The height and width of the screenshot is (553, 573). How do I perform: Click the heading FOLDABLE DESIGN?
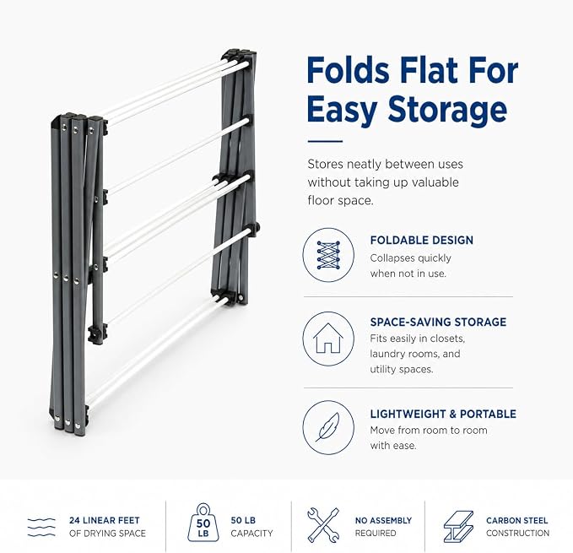point(422,240)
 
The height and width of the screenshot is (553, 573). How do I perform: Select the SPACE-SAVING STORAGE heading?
point(438,322)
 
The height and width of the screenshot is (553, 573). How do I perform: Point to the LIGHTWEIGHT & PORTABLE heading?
point(443,414)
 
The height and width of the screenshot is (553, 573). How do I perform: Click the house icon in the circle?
point(328,338)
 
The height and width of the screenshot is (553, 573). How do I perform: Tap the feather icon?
point(327,427)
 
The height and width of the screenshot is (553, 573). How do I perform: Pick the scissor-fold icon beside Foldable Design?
point(328,255)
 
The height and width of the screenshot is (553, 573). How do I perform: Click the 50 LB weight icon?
point(203,523)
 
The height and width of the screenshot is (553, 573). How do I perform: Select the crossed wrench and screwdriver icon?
point(323,525)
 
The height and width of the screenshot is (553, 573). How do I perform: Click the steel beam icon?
point(458,526)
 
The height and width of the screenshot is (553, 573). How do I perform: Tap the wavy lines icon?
point(41,527)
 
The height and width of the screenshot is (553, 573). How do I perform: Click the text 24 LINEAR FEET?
point(105,520)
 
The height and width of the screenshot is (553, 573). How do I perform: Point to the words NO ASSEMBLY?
point(383,520)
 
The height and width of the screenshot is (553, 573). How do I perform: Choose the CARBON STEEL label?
point(517,520)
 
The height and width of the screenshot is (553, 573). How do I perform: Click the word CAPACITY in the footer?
point(251,534)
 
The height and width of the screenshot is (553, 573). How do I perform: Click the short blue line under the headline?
point(325,141)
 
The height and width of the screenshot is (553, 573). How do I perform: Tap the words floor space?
point(341,201)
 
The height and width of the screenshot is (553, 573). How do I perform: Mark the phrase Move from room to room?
point(429,431)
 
